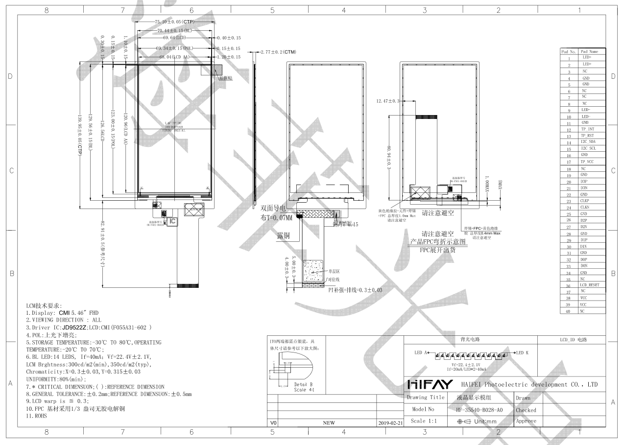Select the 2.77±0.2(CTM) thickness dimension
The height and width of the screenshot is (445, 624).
click(x=278, y=52)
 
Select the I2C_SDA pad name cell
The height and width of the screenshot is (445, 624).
click(x=588, y=142)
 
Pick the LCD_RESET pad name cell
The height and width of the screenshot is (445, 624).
click(x=589, y=285)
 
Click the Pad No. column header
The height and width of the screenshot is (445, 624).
click(x=568, y=51)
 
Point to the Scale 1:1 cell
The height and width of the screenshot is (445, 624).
click(x=425, y=421)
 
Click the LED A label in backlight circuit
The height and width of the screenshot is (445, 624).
click(x=421, y=352)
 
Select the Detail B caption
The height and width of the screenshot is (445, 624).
click(x=304, y=385)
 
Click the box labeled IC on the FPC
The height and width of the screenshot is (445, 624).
click(x=172, y=222)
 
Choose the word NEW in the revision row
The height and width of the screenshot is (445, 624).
click(x=329, y=422)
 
